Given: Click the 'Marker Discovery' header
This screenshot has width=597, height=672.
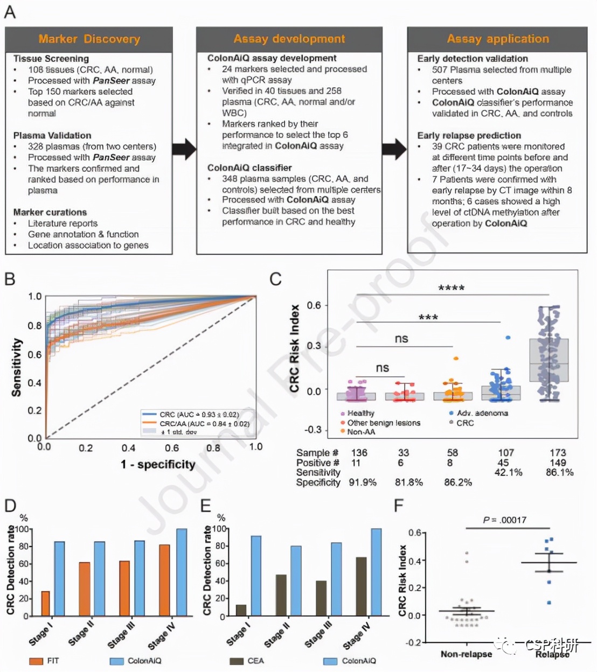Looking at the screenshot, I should (89, 39).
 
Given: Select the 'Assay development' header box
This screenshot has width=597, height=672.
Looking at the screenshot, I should (289, 39).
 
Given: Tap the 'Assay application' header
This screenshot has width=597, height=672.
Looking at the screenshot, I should (497, 39).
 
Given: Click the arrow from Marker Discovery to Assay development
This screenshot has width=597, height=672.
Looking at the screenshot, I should (184, 149).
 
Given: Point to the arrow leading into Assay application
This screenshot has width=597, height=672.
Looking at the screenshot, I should (394, 149).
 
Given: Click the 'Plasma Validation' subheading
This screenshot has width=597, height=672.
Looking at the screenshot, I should (52, 135).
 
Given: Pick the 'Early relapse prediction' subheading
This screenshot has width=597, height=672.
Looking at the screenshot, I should (469, 135).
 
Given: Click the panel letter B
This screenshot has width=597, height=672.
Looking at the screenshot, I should (10, 279).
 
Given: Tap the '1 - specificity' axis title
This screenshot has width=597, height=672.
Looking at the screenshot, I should (158, 464).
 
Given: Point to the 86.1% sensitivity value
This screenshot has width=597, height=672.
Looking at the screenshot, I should (559, 472).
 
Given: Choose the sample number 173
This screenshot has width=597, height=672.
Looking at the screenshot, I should (558, 453).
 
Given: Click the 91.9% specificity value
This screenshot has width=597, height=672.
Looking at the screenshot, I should (363, 482).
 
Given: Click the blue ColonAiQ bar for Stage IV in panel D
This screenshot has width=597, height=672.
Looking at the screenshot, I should (182, 572).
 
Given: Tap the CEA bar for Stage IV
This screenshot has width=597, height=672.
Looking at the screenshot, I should (361, 586).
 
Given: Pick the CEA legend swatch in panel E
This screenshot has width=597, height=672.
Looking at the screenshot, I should (237, 661).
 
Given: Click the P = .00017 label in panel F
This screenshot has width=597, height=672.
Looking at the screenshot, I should (505, 520).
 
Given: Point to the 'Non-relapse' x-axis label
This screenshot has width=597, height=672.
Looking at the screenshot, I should (466, 654).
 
